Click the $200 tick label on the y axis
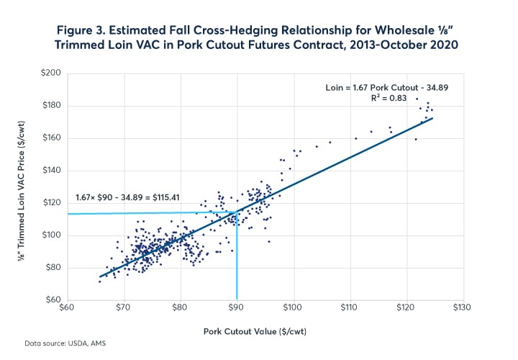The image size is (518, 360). pyautogui.click(x=53, y=73)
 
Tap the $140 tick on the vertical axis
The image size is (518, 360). pyautogui.click(x=53, y=171)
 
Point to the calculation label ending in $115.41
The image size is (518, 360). pyautogui.click(x=127, y=197)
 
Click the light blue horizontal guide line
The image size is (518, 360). pyautogui.click(x=144, y=213)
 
